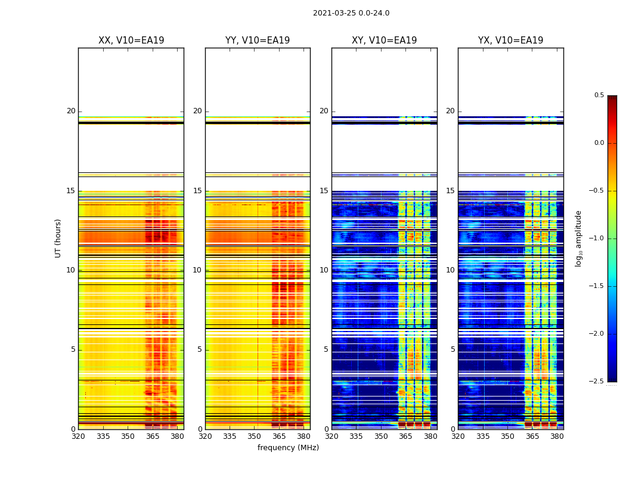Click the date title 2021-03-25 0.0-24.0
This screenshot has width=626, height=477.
[351, 13]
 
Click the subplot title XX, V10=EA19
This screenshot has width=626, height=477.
[131, 41]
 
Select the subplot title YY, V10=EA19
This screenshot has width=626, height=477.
[258, 41]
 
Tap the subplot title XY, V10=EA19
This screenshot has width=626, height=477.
[384, 41]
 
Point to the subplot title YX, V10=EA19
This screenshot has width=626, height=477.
[510, 41]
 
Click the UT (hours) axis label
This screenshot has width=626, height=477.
[58, 238]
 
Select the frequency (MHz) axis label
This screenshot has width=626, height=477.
[288, 448]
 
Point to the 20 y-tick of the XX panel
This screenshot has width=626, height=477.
[71, 111]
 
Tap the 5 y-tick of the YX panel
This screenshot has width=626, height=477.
[453, 349]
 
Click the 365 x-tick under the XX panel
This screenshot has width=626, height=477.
[153, 436]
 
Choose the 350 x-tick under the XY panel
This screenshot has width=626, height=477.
[382, 436]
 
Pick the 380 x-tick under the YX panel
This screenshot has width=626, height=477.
[557, 436]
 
